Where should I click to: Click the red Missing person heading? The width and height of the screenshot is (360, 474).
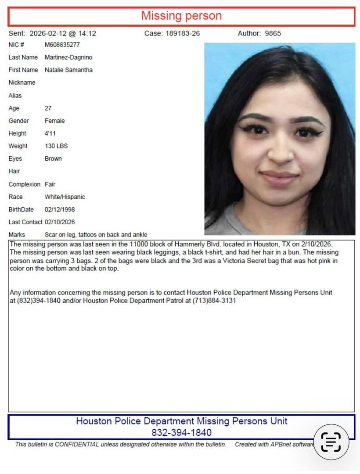click(x=181, y=16)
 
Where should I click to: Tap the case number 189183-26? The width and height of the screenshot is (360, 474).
click(x=183, y=33)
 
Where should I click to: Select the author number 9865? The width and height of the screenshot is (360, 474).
click(x=273, y=33)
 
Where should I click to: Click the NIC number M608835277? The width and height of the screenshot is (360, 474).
click(x=62, y=45)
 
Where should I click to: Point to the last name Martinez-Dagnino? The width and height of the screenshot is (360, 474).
click(x=68, y=57)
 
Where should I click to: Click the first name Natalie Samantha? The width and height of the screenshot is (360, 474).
click(x=68, y=70)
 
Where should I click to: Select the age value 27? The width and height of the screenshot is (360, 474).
click(x=48, y=108)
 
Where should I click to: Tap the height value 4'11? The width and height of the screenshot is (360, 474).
click(x=50, y=133)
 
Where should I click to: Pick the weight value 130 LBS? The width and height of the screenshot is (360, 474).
click(x=56, y=146)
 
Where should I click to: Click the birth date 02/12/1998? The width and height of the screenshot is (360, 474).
click(x=60, y=209)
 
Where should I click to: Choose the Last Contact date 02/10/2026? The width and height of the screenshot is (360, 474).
click(x=60, y=222)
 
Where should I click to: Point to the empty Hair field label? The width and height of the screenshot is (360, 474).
click(x=14, y=171)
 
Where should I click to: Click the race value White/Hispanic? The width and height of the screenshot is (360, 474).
click(x=65, y=197)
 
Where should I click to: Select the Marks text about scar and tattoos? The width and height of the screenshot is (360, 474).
click(x=96, y=235)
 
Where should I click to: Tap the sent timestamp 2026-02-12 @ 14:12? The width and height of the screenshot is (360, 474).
click(x=63, y=33)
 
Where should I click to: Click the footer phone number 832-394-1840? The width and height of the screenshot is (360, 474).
click(x=181, y=433)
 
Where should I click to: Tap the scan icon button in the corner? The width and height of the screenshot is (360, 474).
click(x=331, y=442)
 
